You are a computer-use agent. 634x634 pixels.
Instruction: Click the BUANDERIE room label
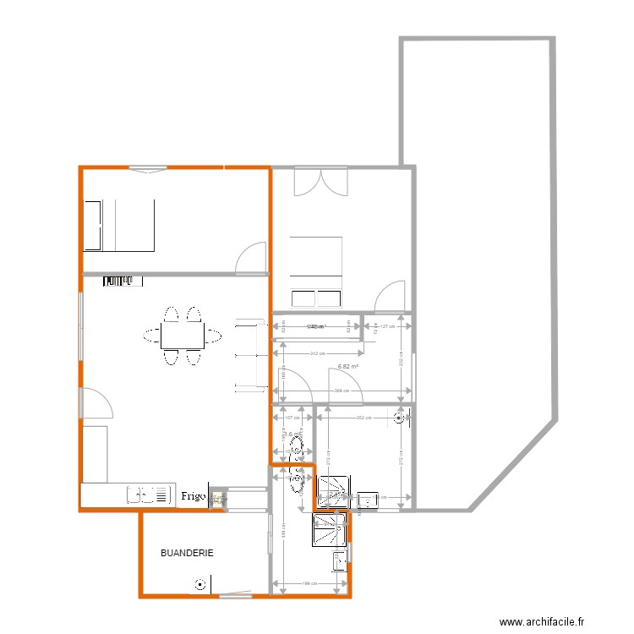pos(187,553)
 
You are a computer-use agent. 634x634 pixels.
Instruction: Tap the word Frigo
pos(193,497)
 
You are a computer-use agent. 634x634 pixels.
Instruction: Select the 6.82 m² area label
pos(347,367)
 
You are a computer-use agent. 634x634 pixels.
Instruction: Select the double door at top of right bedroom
pos(320,182)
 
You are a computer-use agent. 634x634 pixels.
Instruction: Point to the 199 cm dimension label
pos(309,582)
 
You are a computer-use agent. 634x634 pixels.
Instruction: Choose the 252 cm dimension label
pos(363,417)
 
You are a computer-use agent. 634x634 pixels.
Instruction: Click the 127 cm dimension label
pos(387,326)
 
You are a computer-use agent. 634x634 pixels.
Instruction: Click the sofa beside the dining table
pos(249,356)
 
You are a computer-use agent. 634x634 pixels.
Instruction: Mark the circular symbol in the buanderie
pos(199,582)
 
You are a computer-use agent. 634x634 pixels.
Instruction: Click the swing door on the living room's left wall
pos(96,404)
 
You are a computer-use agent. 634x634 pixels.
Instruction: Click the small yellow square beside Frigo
pos(217,499)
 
